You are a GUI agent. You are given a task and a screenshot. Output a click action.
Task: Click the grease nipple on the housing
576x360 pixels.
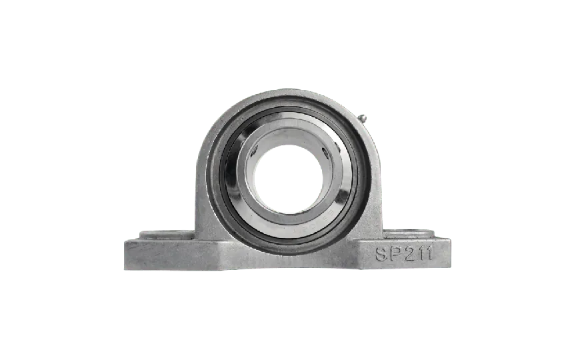pyautogui.click(x=361, y=119)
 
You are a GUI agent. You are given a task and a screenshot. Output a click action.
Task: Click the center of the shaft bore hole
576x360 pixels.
pyautogui.click(x=288, y=179)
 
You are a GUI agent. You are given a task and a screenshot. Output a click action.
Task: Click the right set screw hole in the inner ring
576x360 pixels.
pyautogui.click(x=325, y=151)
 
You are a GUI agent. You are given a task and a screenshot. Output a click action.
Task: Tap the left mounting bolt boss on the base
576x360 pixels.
pyautogui.click(x=166, y=235)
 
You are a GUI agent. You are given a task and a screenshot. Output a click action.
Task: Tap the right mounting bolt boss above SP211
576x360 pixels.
pyautogui.click(x=409, y=233)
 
